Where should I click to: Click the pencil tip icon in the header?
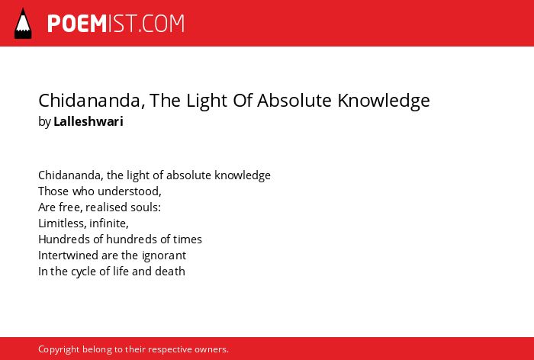click(23, 24)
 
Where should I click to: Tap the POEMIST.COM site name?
click(116, 24)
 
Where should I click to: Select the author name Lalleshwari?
click(88, 121)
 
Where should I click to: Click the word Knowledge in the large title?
click(384, 101)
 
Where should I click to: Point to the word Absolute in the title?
click(294, 100)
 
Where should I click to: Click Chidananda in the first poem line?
click(71, 175)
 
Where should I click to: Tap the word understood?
click(130, 191)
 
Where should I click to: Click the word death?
click(170, 272)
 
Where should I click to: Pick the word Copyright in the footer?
click(59, 350)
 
